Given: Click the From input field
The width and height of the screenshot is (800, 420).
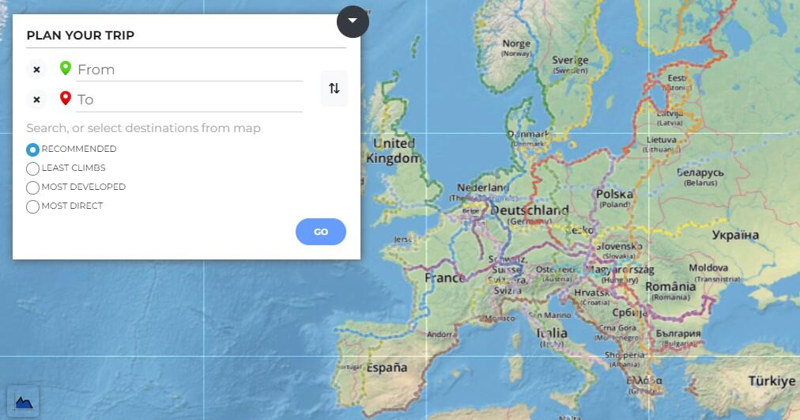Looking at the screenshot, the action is click(x=189, y=70).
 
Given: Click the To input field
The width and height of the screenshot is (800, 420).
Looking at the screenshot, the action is click(x=189, y=100).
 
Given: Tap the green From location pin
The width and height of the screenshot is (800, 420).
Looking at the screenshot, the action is click(x=66, y=69).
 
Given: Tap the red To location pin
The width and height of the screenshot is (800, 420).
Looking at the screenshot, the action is click(x=66, y=99).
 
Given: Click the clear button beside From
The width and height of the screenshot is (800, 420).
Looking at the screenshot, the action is click(x=36, y=70).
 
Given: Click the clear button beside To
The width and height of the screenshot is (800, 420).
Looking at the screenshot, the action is click(x=36, y=100).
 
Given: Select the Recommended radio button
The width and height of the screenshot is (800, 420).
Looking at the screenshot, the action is click(x=32, y=149).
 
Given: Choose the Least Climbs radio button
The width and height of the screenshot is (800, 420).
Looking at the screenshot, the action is click(x=32, y=168).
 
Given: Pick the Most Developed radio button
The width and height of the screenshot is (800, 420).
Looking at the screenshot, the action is click(x=32, y=187).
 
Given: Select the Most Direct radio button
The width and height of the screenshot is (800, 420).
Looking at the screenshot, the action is click(x=32, y=206).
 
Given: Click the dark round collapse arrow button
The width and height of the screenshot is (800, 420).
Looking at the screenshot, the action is click(x=353, y=21).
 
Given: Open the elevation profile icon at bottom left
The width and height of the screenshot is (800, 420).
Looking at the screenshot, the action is click(x=23, y=402).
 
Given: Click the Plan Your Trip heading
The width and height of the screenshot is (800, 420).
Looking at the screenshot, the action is click(x=81, y=36).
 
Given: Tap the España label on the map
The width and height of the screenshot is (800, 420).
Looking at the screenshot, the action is click(x=387, y=368).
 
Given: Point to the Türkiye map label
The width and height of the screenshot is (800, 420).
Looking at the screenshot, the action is click(x=772, y=381).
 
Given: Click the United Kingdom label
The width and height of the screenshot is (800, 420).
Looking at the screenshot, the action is click(x=394, y=151).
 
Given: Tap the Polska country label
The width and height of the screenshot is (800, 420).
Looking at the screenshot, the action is click(x=614, y=195).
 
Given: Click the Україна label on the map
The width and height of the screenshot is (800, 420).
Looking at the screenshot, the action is click(x=735, y=235).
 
